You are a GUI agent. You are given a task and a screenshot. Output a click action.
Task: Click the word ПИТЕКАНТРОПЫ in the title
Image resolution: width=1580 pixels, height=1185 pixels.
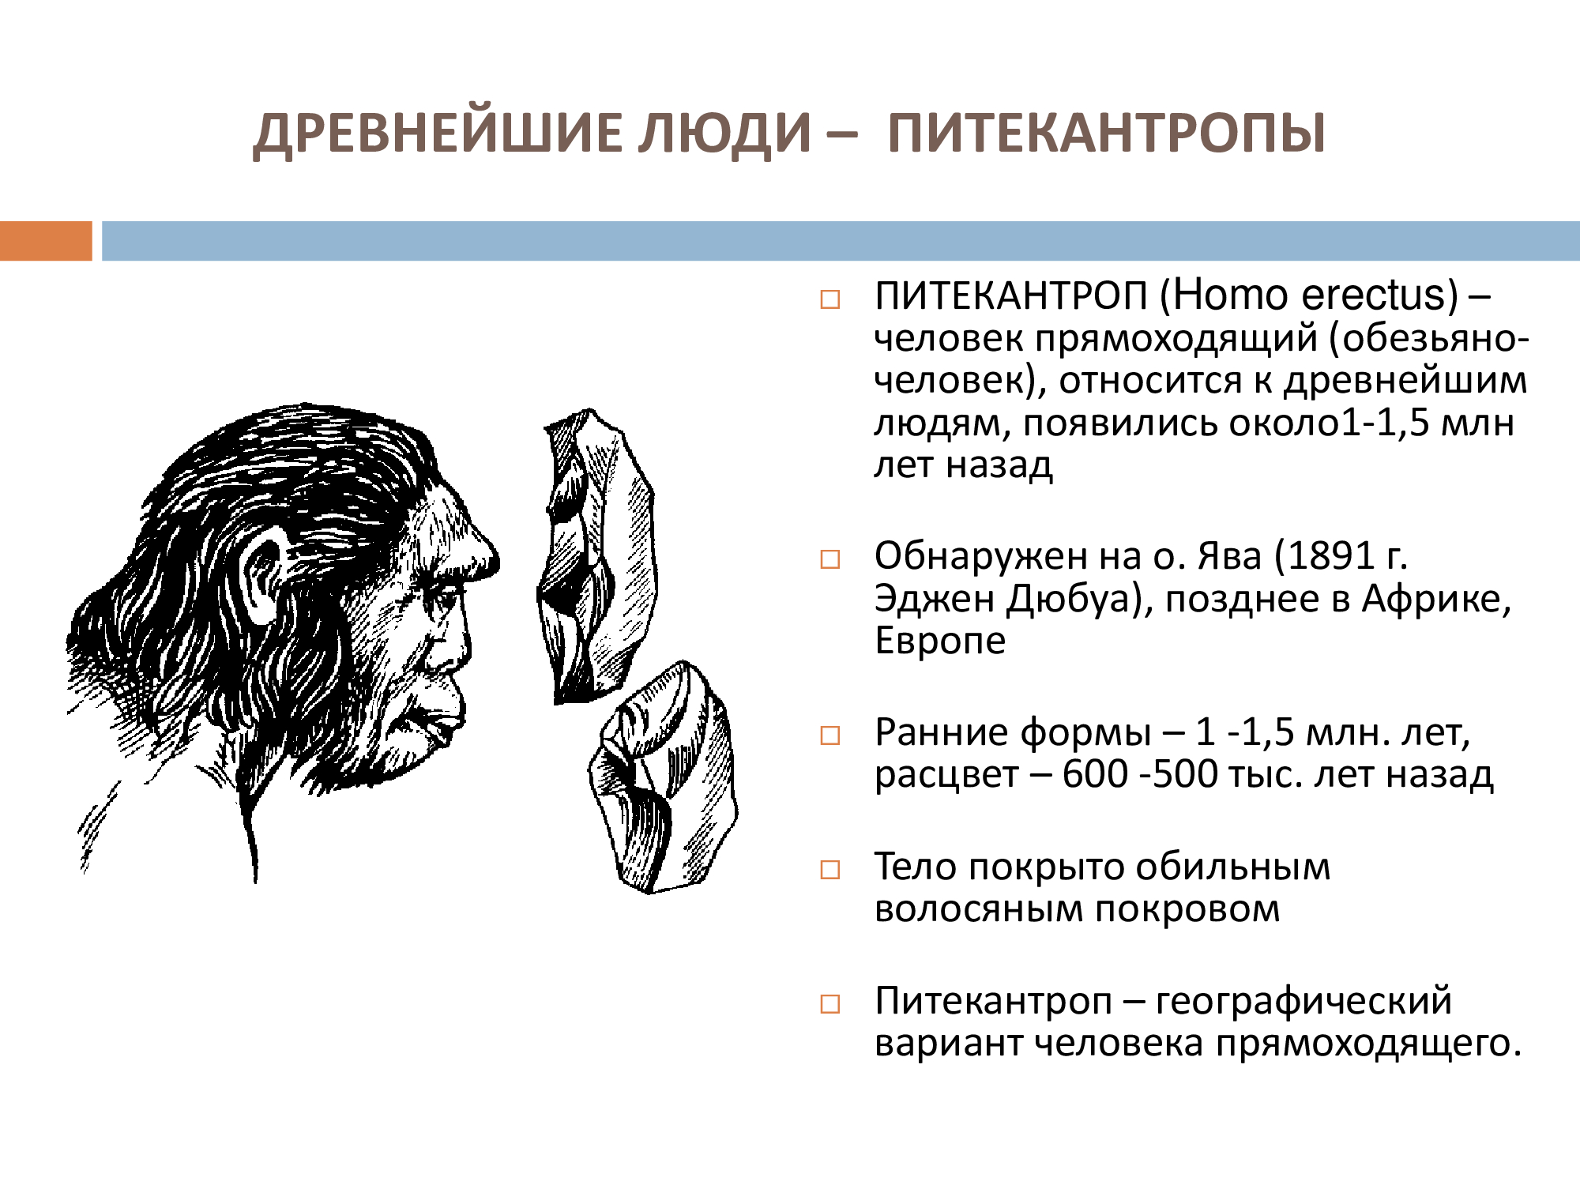coord(1106,133)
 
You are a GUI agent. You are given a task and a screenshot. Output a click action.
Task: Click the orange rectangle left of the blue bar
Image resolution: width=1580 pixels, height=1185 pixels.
coord(46,241)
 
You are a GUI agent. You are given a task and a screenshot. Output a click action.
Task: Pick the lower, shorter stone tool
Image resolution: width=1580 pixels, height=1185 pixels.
coord(664,778)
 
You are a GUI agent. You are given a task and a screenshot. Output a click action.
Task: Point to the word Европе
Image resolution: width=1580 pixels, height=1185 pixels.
coord(940,641)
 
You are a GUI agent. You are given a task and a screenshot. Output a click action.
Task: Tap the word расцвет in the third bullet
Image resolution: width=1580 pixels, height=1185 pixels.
coord(946,775)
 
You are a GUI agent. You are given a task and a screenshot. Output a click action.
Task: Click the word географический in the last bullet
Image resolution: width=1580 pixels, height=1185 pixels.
coord(1303,1002)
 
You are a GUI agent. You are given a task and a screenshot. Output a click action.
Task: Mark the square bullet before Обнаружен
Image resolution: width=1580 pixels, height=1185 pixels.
coord(829,559)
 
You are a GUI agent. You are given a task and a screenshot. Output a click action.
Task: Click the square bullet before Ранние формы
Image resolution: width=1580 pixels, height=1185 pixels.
coord(829,736)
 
